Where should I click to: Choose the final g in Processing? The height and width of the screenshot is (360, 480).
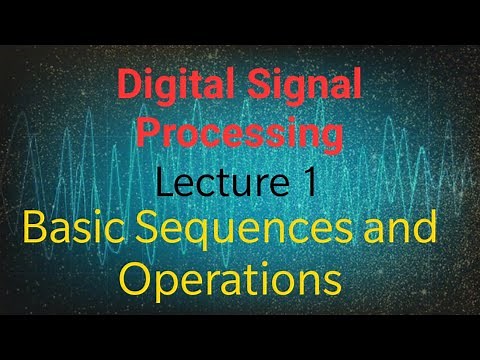[331, 138]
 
